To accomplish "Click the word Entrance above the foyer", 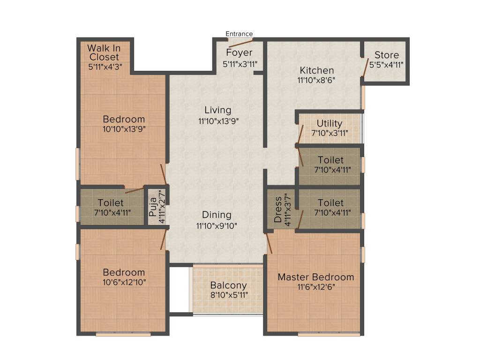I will (x=239, y=34).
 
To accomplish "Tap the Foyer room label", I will (x=239, y=52).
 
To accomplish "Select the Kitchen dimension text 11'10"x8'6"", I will (x=316, y=80).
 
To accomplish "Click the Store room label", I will (x=387, y=55).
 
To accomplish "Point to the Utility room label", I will (x=330, y=124).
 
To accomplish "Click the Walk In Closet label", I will (x=104, y=52).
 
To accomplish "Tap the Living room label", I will (x=218, y=110).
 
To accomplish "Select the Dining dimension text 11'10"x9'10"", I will (x=217, y=225).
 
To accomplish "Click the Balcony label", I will (x=228, y=285).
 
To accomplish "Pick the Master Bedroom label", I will (x=315, y=277).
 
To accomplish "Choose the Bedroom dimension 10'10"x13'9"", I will (x=124, y=129).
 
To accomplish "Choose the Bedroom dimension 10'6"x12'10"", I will (x=124, y=283).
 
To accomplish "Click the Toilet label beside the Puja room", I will (x=111, y=202).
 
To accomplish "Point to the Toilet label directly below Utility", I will (x=330, y=160).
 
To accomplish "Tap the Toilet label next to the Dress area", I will (x=330, y=202).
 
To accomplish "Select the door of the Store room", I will (x=364, y=67).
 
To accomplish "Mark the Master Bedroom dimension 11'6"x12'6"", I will (x=315, y=287).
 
